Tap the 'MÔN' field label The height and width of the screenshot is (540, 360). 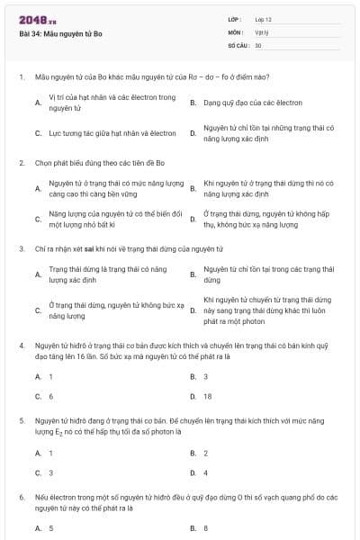pyautogui.click(x=236, y=31)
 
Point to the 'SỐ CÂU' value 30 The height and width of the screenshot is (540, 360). pyautogui.click(x=258, y=44)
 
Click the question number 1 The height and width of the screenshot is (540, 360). pyautogui.click(x=21, y=77)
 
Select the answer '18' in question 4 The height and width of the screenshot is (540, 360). pyautogui.click(x=207, y=396)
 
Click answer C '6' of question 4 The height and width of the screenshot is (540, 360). pyautogui.click(x=51, y=396)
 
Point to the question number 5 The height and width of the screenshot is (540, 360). pyautogui.click(x=21, y=420)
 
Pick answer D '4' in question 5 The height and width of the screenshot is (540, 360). pyautogui.click(x=206, y=472)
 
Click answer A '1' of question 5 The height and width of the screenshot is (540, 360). pyautogui.click(x=51, y=453)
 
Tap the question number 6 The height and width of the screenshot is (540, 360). pyautogui.click(x=21, y=497)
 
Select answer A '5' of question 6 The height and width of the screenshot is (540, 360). pyautogui.click(x=51, y=528)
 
